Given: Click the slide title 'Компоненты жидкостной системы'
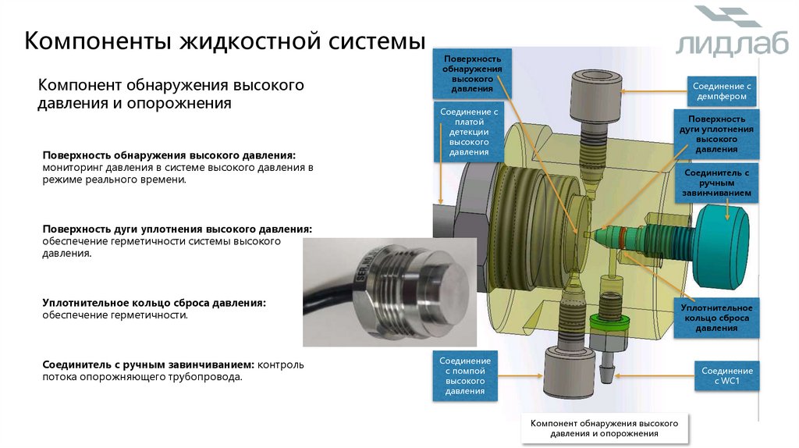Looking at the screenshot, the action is click(x=225, y=41).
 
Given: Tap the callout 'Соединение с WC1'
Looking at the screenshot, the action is click(x=726, y=376).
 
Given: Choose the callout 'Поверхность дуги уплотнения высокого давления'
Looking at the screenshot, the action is click(x=716, y=132).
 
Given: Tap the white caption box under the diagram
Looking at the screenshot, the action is click(x=604, y=428).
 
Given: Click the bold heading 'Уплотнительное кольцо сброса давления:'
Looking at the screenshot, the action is click(x=154, y=302).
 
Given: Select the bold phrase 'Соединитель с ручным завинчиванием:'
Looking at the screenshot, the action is click(x=149, y=364).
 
